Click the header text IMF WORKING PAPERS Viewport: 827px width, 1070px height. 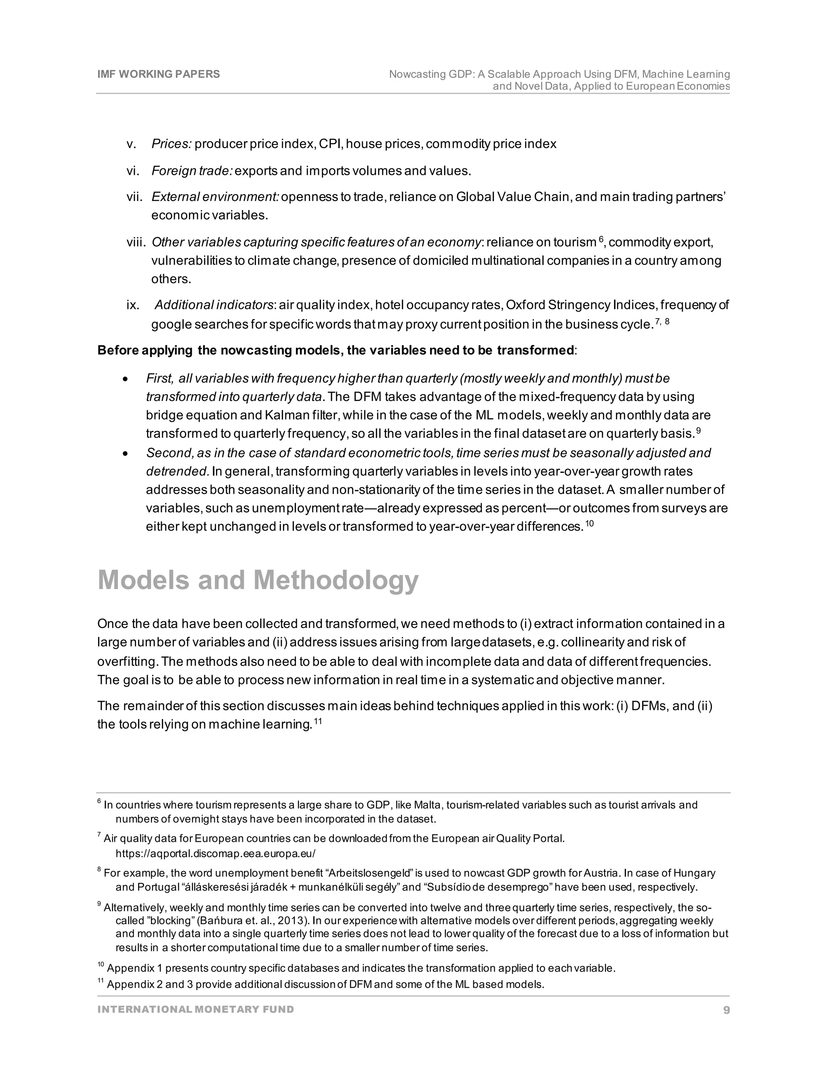[158, 74]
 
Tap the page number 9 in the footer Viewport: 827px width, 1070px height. [726, 1010]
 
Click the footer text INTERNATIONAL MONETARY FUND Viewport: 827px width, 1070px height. [195, 1009]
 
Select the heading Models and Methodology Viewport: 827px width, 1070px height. [258, 580]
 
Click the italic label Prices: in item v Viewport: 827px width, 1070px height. [171, 144]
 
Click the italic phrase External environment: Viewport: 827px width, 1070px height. [215, 197]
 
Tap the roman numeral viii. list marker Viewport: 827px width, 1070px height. [136, 243]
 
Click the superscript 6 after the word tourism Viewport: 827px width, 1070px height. [600, 239]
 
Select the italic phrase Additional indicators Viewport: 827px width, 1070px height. [214, 305]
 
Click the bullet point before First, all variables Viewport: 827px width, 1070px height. [126, 380]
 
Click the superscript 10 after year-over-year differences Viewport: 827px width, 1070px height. [590, 524]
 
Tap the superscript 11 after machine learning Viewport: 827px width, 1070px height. [317, 721]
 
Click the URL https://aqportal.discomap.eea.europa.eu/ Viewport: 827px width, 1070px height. [216, 854]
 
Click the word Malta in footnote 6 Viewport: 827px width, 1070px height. [427, 805]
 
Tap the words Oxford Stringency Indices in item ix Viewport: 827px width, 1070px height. [581, 305]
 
